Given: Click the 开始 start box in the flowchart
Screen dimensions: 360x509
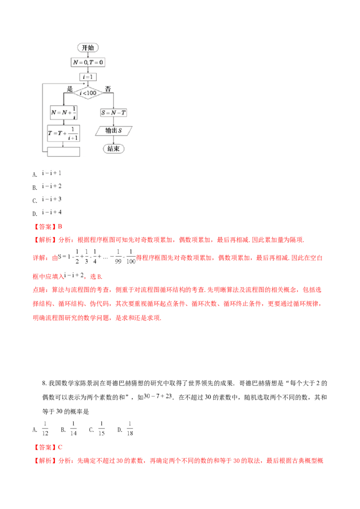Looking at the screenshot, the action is (88, 47).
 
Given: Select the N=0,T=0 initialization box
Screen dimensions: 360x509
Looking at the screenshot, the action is (88, 62).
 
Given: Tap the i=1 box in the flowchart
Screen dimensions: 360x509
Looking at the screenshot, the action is (88, 77).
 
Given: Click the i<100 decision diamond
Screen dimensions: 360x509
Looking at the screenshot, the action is (88, 93).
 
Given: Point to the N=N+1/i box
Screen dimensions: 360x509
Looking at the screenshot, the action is (63, 112).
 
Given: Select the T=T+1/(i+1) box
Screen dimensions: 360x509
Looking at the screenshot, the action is (63, 133).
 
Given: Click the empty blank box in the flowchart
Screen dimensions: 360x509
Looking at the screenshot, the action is (63, 152).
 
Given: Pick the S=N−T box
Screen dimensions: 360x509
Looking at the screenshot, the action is (113, 113).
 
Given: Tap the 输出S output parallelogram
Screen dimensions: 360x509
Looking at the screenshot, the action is (113, 131).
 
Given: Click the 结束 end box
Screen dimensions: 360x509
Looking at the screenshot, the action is (113, 149).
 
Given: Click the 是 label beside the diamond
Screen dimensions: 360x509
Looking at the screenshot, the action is (70, 89).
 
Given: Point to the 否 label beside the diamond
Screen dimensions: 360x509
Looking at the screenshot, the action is (108, 89).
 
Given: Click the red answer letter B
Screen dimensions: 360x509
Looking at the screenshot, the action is (60, 227).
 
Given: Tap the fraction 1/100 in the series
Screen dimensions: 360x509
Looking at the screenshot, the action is (130, 256).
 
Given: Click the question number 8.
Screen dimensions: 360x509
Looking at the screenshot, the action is (44, 384).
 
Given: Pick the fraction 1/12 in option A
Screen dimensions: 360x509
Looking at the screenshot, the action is (45, 429).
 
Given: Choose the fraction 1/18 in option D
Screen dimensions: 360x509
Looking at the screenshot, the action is (130, 429).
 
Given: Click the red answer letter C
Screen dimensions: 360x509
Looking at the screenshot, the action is (60, 447).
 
